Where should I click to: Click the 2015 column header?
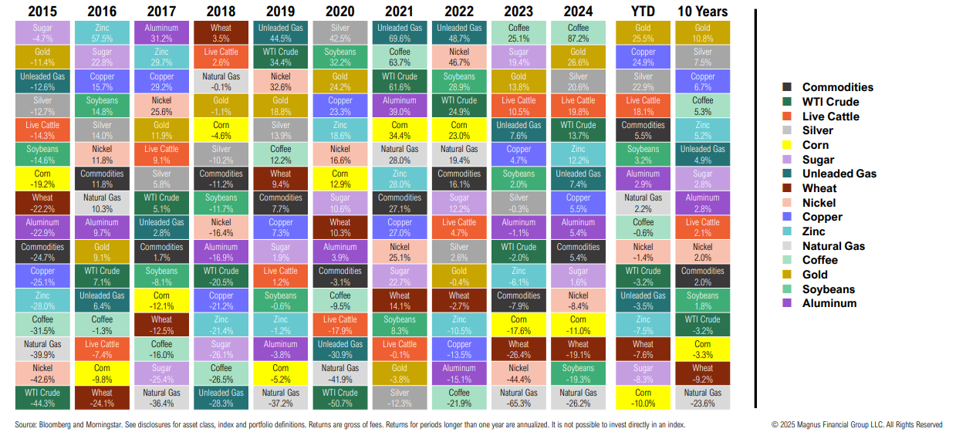(x=43, y=12)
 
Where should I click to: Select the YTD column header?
(x=643, y=12)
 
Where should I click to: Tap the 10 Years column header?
(x=702, y=12)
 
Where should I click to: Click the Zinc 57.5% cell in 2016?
(x=102, y=32)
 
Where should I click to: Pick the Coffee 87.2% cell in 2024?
(x=578, y=32)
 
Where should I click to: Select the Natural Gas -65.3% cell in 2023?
(x=518, y=397)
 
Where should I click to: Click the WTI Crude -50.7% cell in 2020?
(x=340, y=397)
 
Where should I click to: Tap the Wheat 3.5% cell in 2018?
(x=221, y=32)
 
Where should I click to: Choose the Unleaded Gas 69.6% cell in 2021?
(x=400, y=32)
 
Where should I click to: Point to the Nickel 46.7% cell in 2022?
(x=459, y=57)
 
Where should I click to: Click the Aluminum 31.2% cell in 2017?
(x=161, y=32)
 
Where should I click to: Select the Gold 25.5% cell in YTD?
(x=643, y=32)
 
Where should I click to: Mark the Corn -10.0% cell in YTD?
(x=643, y=397)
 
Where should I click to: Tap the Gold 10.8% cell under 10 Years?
(x=702, y=32)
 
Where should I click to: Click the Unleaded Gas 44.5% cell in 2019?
(x=281, y=32)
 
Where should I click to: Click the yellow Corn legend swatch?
(x=786, y=145)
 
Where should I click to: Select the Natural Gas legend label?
(x=834, y=246)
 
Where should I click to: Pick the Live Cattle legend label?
(x=831, y=116)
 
